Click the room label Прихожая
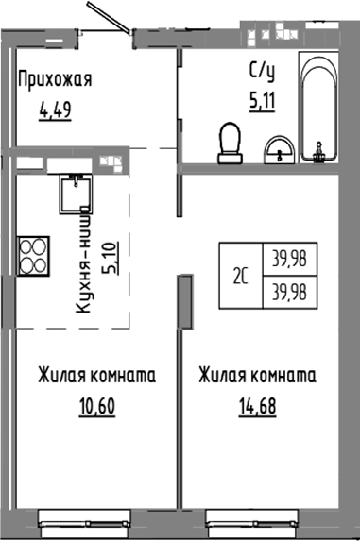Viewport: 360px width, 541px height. point(55,78)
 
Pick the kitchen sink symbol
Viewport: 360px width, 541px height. point(72,194)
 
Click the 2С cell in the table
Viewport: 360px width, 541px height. point(241,276)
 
